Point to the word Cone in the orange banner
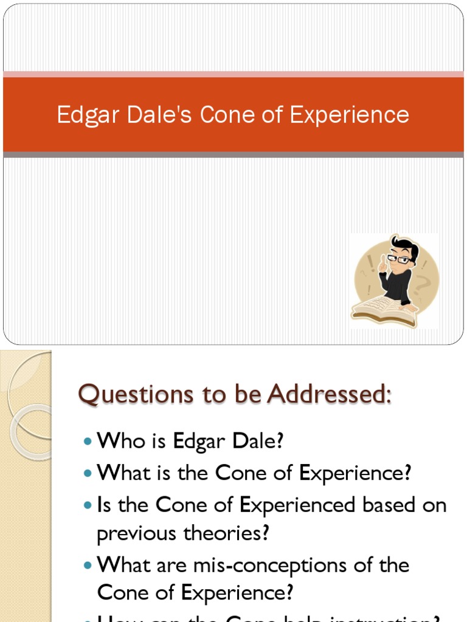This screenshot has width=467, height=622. [x=228, y=115]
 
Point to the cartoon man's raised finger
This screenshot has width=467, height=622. [x=383, y=258]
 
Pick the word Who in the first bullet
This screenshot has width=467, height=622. [x=120, y=441]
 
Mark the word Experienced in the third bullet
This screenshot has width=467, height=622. [x=298, y=505]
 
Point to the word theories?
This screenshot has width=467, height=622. [x=227, y=534]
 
